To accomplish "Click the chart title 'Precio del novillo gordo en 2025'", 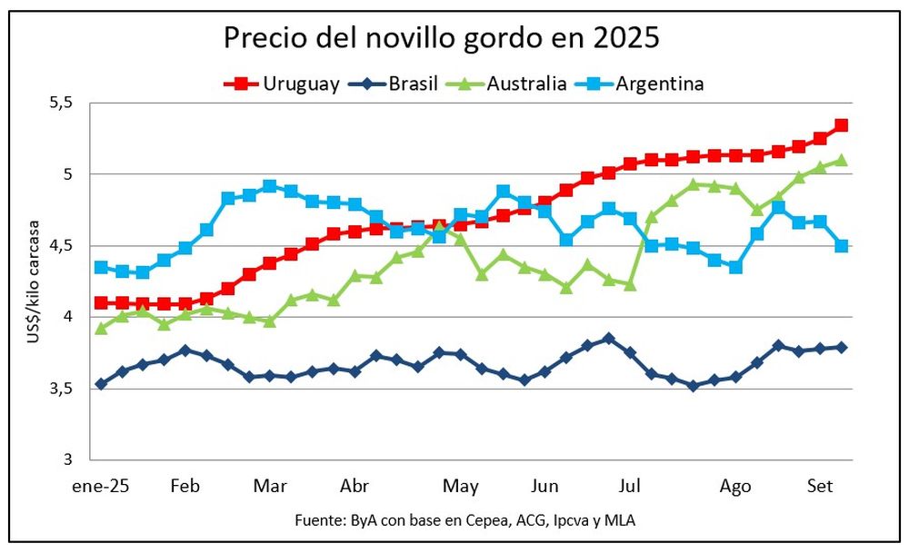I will pos(442,38).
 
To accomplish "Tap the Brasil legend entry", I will pos(400,84).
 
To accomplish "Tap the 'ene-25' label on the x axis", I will pos(102,486).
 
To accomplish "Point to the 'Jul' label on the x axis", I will pos(628,486).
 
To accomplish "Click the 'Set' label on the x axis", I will pos(821,486).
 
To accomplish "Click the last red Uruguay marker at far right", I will pos(841,125).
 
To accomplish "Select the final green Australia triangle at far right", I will pos(841,161).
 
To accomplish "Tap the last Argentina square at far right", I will pos(841,246).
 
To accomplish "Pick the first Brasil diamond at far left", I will pos(101,384).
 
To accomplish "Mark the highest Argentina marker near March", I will pos(269,186).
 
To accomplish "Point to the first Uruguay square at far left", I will pos(101,302).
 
